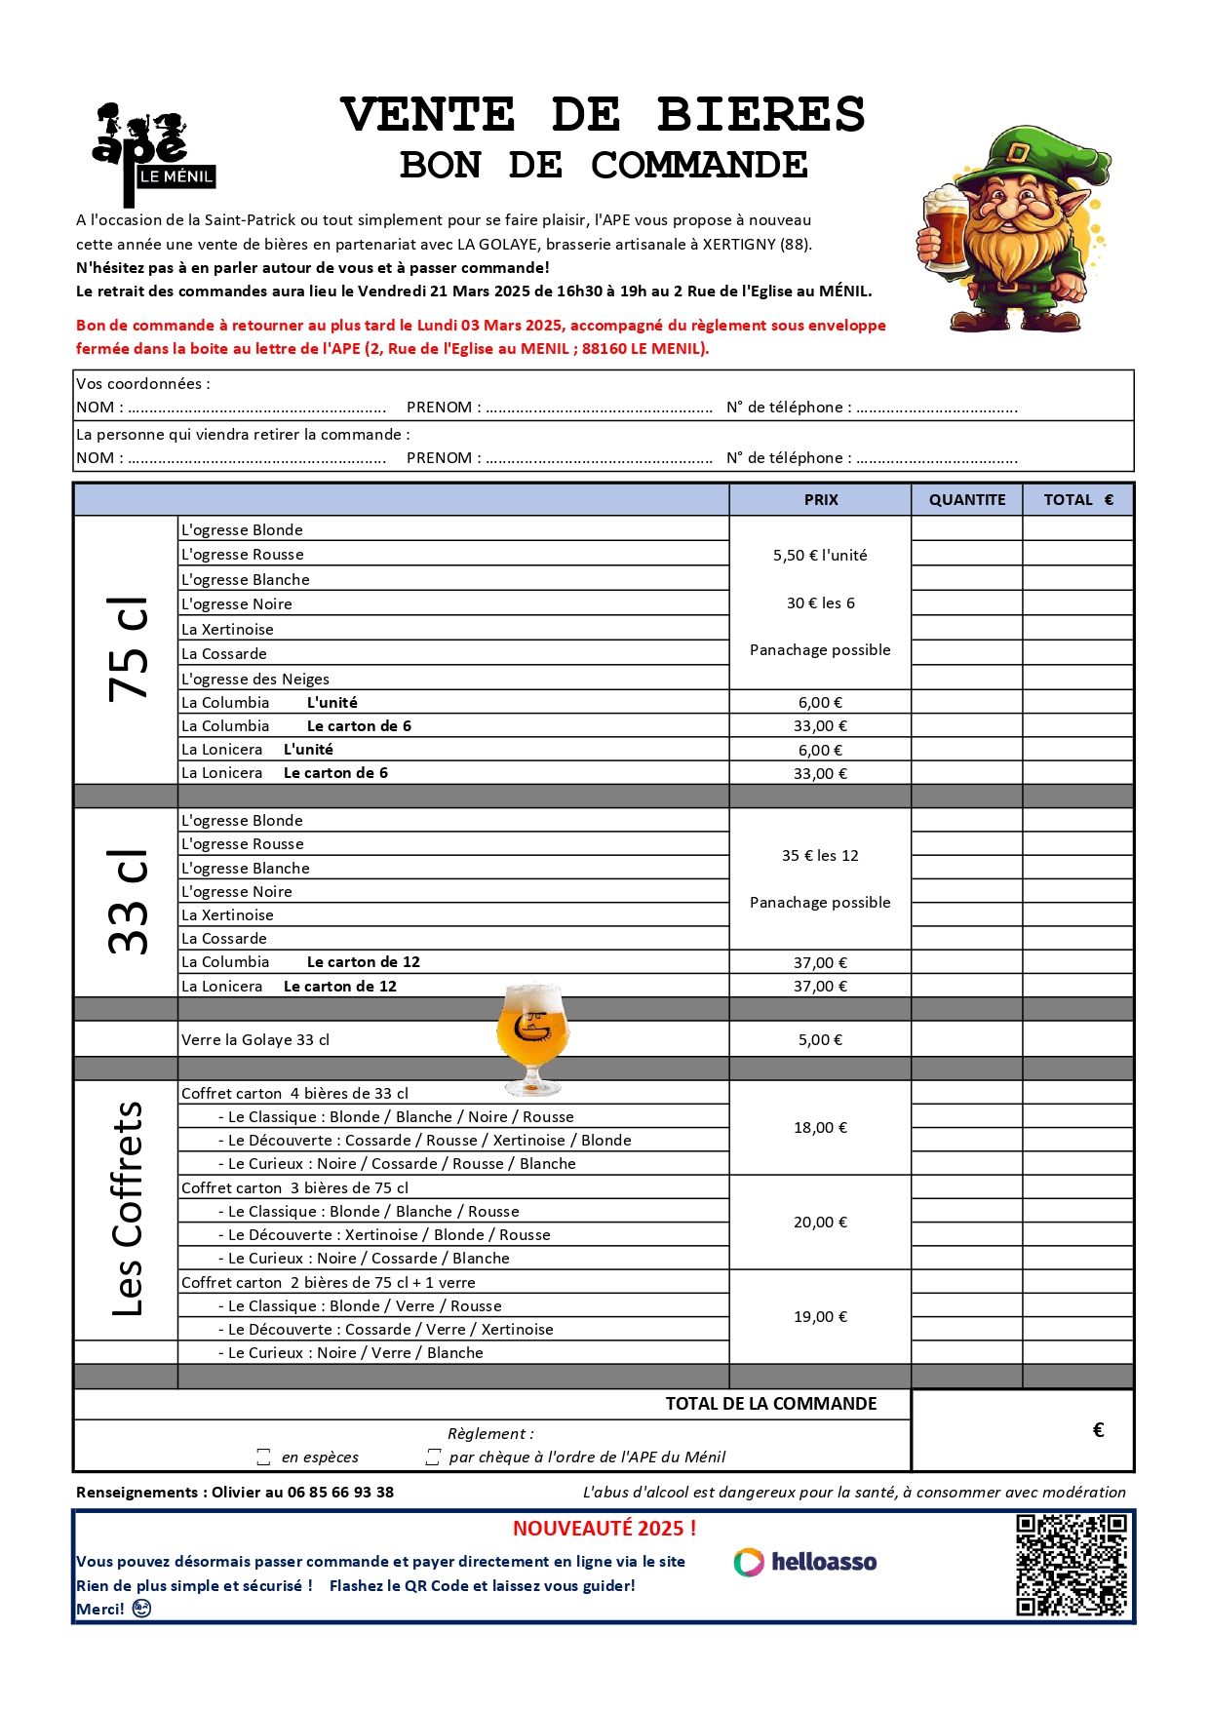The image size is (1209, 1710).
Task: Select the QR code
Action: coord(1071,1565)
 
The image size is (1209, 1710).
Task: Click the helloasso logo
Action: coord(805,1562)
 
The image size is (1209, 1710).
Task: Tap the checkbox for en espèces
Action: coord(263,1457)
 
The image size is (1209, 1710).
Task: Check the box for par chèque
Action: coord(433,1457)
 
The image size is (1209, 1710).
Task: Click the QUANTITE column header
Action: coord(966,500)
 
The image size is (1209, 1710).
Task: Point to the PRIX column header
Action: coord(820,500)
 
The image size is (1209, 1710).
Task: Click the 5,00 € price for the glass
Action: coord(820,1040)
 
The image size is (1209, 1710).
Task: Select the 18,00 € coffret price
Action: coord(820,1128)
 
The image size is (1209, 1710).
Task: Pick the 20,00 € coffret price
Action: coord(820,1223)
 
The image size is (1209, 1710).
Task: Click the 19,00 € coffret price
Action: coord(820,1317)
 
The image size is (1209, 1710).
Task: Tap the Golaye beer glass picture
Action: coord(532,1036)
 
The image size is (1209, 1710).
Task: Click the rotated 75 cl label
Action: coord(128,649)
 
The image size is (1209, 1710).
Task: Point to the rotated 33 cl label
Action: coord(128,903)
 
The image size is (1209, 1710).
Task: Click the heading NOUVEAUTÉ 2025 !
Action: coord(604,1529)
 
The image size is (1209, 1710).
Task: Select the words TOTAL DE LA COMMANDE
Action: coord(770,1404)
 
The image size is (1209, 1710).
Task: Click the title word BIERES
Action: coord(760,115)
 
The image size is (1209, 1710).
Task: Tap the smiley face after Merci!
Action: coord(142,1609)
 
